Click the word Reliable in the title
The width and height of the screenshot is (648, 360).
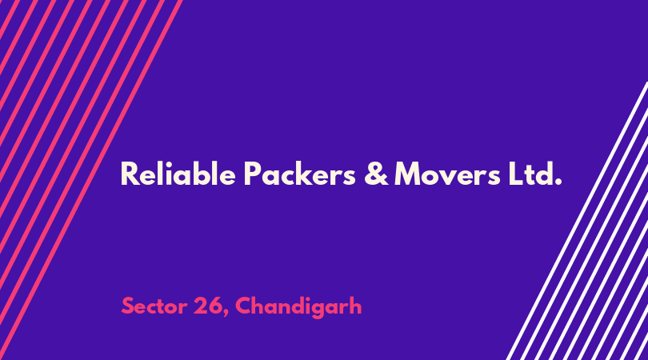[178, 174]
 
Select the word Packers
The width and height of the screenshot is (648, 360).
[300, 174]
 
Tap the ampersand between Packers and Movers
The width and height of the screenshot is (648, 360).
[376, 174]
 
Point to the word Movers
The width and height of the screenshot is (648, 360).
[447, 174]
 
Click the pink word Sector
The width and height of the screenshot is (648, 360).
[154, 306]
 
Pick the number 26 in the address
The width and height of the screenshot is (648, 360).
[207, 306]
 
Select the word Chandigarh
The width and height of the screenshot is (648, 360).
[298, 307]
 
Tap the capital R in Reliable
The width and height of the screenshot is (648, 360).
[129, 174]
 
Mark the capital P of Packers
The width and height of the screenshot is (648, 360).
[252, 174]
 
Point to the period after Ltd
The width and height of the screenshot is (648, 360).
[558, 182]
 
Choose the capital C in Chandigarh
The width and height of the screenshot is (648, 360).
[244, 306]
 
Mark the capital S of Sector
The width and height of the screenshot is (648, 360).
[128, 306]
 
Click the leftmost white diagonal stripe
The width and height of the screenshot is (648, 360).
[578, 221]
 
